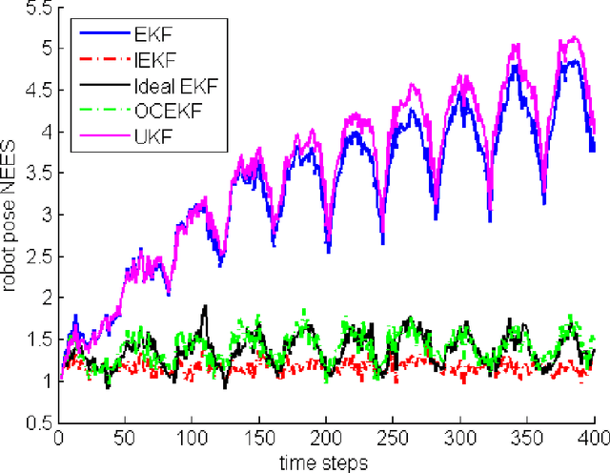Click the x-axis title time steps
point(326,461)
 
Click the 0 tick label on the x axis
point(58,438)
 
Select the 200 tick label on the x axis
point(326,438)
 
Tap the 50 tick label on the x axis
point(125,438)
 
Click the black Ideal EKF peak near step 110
point(204,306)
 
